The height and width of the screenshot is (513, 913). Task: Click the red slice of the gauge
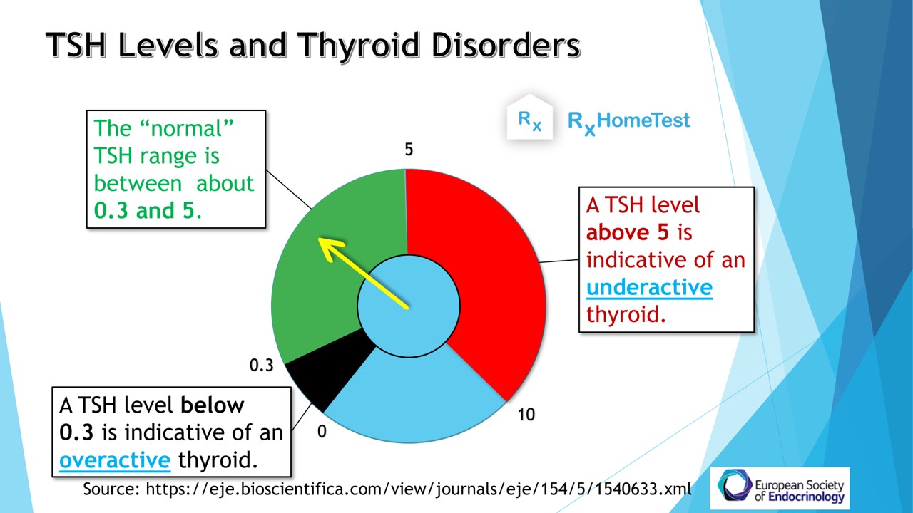coord(489,261)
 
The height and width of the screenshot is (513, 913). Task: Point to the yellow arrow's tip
coord(318,238)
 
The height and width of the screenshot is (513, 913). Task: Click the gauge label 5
coord(409,150)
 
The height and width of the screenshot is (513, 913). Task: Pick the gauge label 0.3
coord(261,366)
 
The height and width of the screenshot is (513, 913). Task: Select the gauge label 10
coord(526,415)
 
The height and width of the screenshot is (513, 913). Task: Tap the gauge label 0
coord(322,432)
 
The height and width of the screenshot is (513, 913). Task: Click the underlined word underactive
coord(649,287)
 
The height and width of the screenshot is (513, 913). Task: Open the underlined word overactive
coord(115,460)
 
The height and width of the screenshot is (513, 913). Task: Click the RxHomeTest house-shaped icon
coord(529,118)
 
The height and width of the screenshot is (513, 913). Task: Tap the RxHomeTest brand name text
coord(629,122)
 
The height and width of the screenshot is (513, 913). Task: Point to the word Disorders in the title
coord(506,45)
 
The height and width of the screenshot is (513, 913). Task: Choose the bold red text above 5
coord(628,232)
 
